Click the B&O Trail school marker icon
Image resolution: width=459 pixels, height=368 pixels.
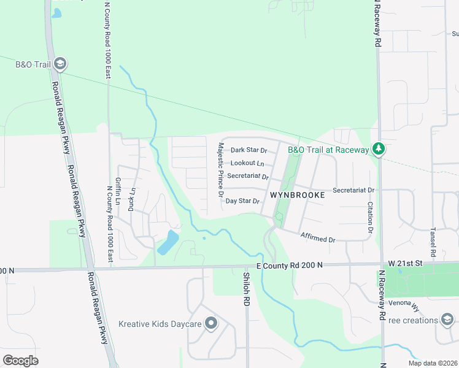point(60,63)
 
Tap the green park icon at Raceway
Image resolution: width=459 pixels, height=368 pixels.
point(379,149)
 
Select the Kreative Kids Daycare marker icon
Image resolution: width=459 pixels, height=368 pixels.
point(212,323)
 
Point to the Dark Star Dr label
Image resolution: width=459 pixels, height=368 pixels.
point(249,150)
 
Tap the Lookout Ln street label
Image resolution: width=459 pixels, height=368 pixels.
point(247,163)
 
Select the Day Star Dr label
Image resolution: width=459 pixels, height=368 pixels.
point(243,201)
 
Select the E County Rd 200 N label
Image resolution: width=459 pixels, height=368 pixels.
point(288,265)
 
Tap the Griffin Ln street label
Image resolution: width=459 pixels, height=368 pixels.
point(117,191)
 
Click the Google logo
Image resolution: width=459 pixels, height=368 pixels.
point(20,360)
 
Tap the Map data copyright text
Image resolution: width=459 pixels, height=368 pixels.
point(432,363)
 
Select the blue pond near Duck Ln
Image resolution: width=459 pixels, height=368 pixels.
point(168,242)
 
